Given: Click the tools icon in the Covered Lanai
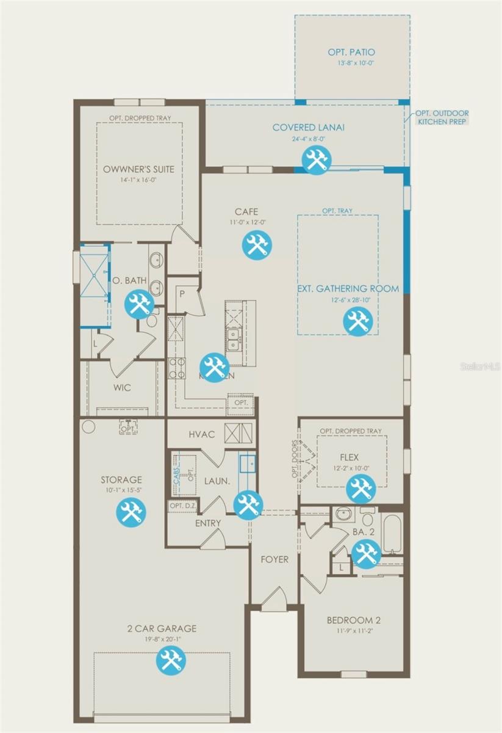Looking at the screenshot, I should [x=317, y=161].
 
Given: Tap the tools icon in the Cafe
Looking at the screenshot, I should [x=256, y=244].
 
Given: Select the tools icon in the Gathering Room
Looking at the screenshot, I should [x=357, y=321].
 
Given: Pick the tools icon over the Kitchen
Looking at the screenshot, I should [x=214, y=368].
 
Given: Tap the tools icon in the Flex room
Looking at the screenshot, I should [x=360, y=489].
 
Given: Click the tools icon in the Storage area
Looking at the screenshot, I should [x=131, y=511].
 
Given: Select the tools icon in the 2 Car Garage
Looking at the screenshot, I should [x=170, y=661].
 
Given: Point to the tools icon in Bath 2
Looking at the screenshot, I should [x=366, y=554].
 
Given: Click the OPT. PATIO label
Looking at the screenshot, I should [x=351, y=53].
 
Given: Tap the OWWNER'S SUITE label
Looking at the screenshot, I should [x=138, y=169].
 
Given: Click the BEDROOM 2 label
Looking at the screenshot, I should [x=354, y=620].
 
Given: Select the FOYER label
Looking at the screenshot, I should [x=274, y=559].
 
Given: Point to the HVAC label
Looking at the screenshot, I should [x=201, y=434].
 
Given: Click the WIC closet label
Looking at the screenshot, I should [x=122, y=388].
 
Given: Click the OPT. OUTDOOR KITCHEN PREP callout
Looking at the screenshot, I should [x=443, y=117].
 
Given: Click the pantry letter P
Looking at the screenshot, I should [x=181, y=293].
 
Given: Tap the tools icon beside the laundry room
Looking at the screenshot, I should [x=248, y=505].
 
